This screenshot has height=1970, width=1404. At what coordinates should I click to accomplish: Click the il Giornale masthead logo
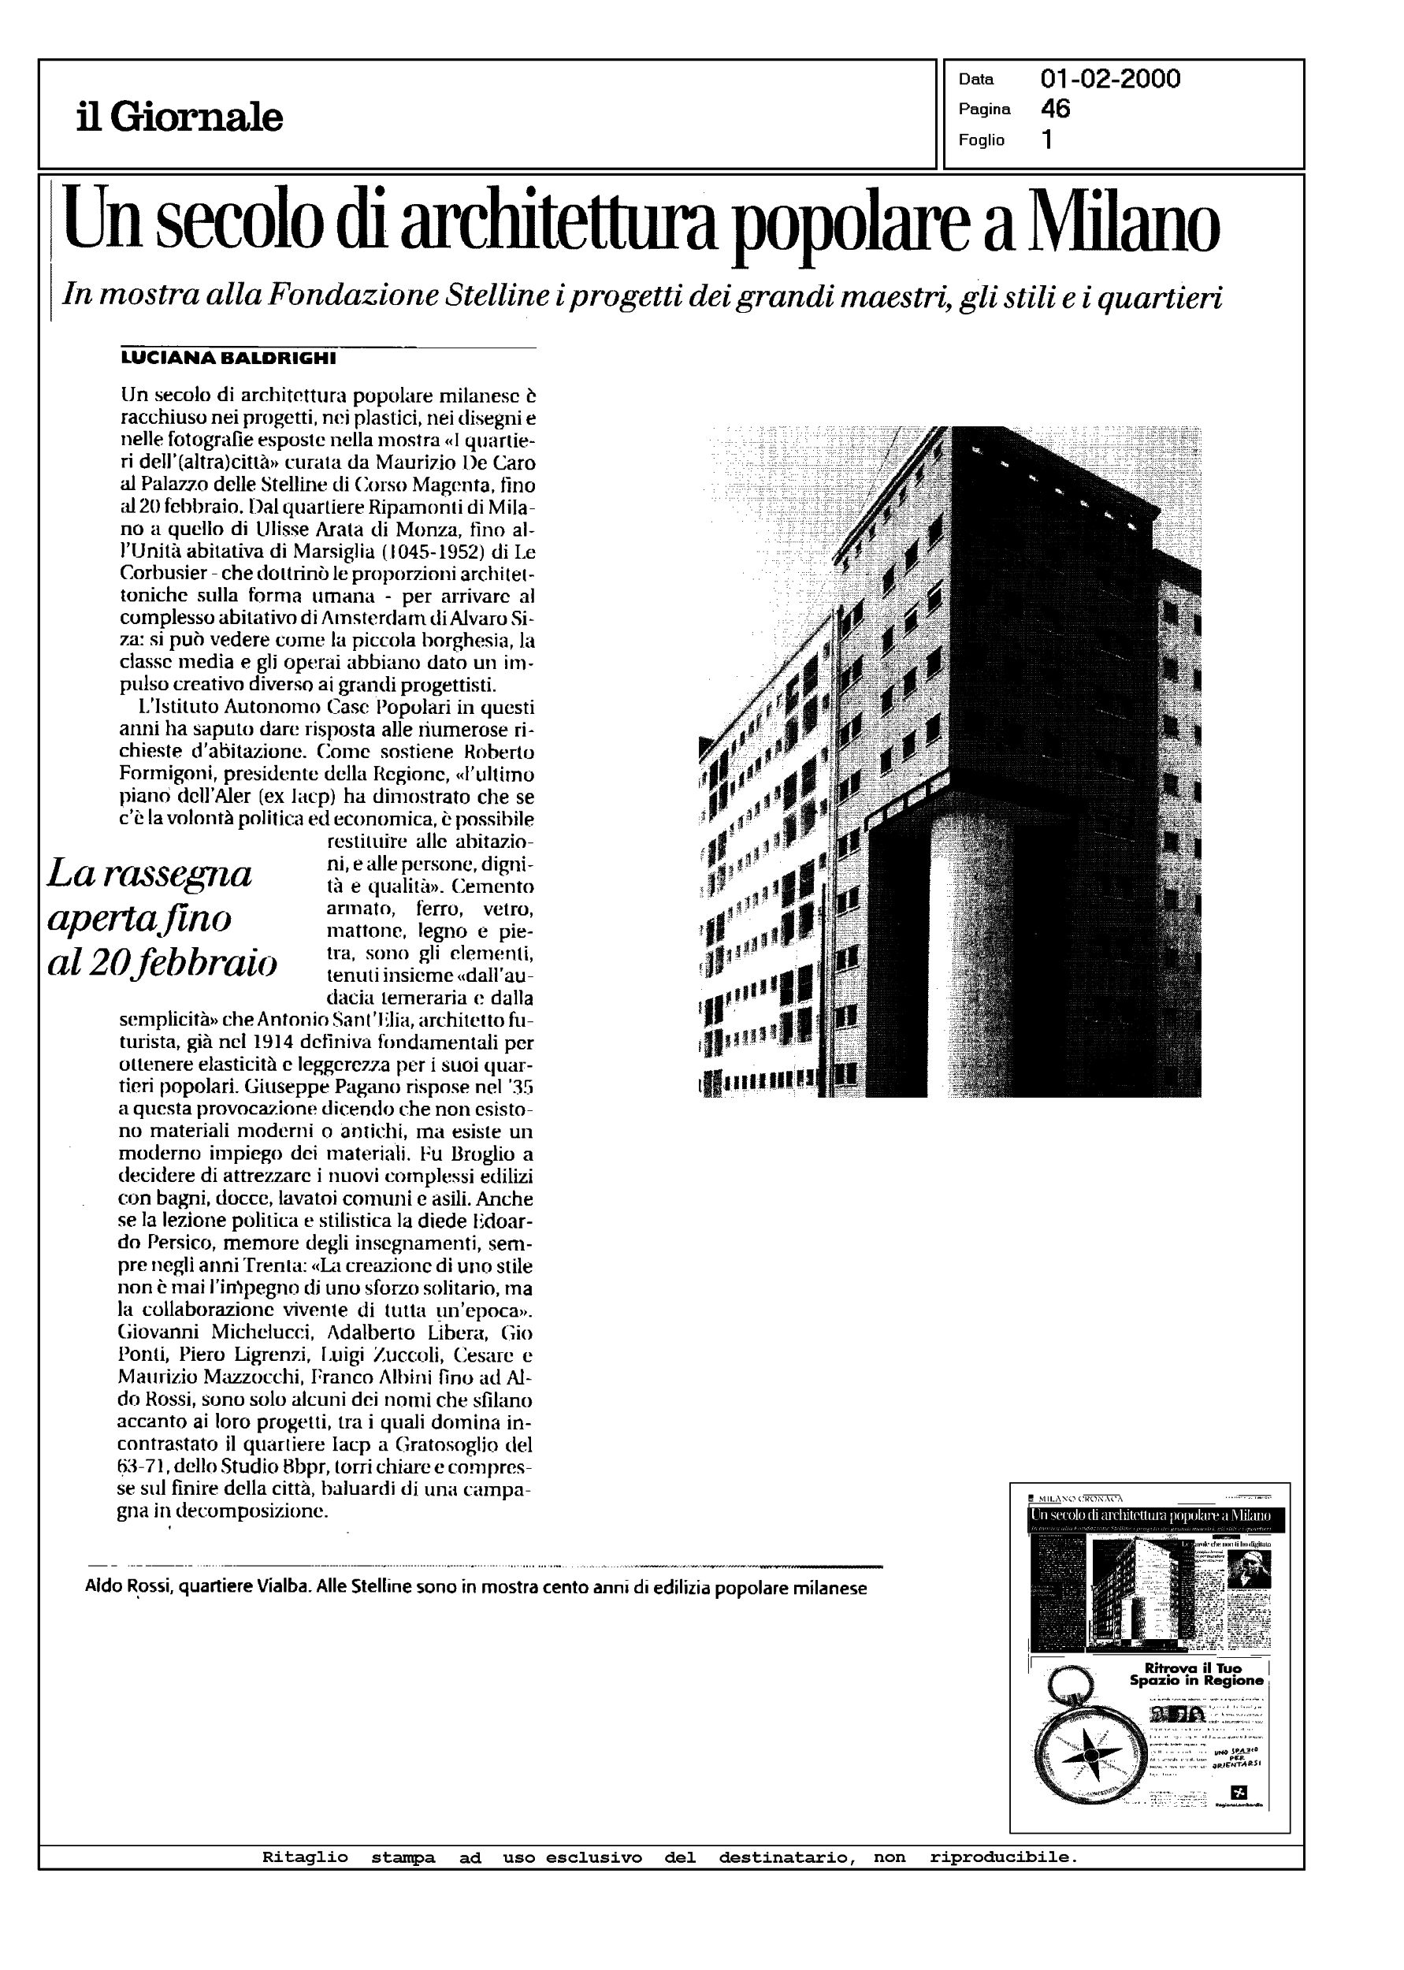pyautogui.click(x=179, y=117)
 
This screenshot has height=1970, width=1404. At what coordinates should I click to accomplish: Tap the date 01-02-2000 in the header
pyautogui.click(x=1110, y=80)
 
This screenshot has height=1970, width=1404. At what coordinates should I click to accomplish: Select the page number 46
pyautogui.click(x=1056, y=109)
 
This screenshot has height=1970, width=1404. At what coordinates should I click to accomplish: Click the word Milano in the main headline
pyautogui.click(x=1123, y=223)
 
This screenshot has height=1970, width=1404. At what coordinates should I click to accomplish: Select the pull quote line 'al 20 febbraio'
pyautogui.click(x=162, y=963)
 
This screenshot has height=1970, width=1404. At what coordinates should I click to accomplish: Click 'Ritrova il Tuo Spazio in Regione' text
pyautogui.click(x=1196, y=1674)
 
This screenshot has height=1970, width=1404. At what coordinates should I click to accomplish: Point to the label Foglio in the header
pyautogui.click(x=981, y=140)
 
